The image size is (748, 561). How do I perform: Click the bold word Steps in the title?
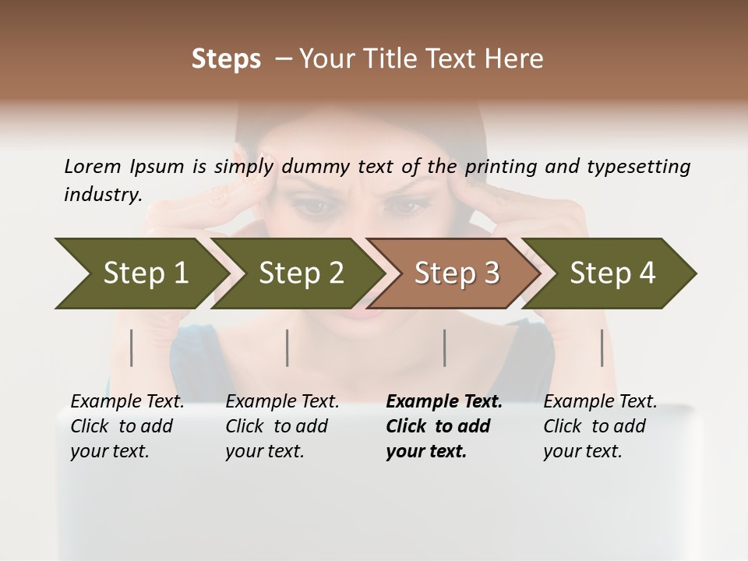tap(226, 59)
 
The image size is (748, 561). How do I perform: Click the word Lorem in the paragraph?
tap(92, 166)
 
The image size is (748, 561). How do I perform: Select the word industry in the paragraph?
tap(103, 195)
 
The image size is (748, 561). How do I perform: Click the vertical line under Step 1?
tap(132, 348)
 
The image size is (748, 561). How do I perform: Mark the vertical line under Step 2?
tap(288, 348)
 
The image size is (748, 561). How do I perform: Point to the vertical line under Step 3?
tap(444, 348)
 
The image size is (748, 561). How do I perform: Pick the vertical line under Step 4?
tap(602, 348)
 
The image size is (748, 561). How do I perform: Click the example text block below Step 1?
tap(127, 426)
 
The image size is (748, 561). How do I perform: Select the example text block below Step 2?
tap(282, 426)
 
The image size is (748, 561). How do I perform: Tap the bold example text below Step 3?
tap(444, 426)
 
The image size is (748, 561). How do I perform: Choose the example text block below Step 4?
tap(600, 426)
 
